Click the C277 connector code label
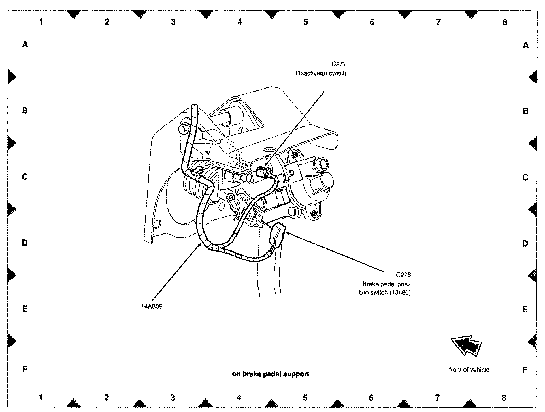coord(339,64)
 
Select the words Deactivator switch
coord(321,73)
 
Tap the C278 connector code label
coord(403,275)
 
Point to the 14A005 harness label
coord(152,307)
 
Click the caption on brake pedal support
coord(271,374)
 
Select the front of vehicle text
coord(469,370)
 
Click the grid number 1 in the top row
coord(41,22)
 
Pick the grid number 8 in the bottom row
coord(504,398)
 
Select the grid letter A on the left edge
coord(25,44)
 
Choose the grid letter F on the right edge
coord(525,370)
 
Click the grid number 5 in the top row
coord(306,22)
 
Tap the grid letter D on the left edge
coord(25,243)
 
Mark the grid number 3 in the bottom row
coord(173,398)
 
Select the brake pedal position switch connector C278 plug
coord(278,234)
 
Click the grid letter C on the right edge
coord(525,177)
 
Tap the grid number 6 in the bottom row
coord(371,398)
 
